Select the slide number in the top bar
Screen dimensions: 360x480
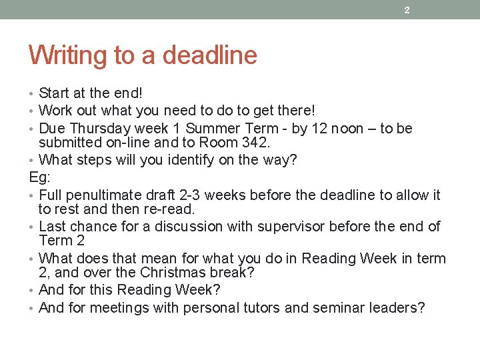point(407,10)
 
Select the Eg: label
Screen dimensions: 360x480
point(39,177)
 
